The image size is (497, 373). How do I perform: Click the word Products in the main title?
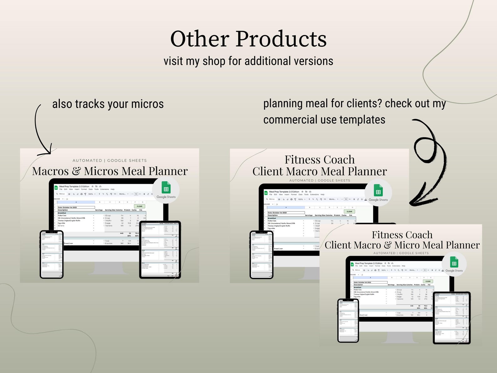coord(281,39)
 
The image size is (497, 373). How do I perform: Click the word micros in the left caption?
coord(147,104)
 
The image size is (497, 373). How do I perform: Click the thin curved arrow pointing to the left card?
coord(39,128)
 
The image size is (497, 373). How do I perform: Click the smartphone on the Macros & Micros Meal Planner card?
coord(52,254)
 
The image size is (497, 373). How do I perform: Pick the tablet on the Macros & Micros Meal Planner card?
coord(160,250)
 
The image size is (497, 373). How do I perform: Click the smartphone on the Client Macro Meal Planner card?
coord(262,255)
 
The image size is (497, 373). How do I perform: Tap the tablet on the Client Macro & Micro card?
coord(452,318)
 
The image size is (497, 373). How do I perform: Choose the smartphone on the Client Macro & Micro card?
coord(348,320)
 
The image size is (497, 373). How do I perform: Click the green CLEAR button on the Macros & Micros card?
coord(140,206)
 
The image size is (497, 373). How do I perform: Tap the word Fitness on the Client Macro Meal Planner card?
coord(302,160)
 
